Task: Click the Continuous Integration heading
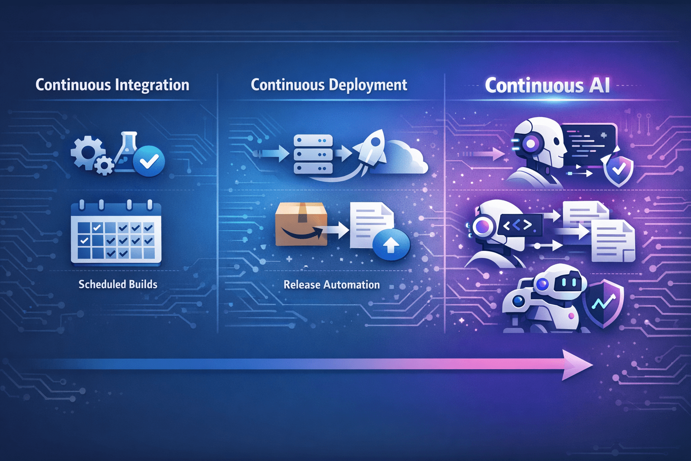pyautogui.click(x=112, y=85)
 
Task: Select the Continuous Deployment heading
pyautogui.click(x=329, y=85)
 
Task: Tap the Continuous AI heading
pyautogui.click(x=547, y=86)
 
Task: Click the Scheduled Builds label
pyautogui.click(x=118, y=285)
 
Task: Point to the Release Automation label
pyautogui.click(x=332, y=285)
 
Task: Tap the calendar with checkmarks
pyautogui.click(x=116, y=232)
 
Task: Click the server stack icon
pyautogui.click(x=313, y=154)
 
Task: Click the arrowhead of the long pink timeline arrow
pyautogui.click(x=578, y=365)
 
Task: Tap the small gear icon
pyautogui.click(x=104, y=166)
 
